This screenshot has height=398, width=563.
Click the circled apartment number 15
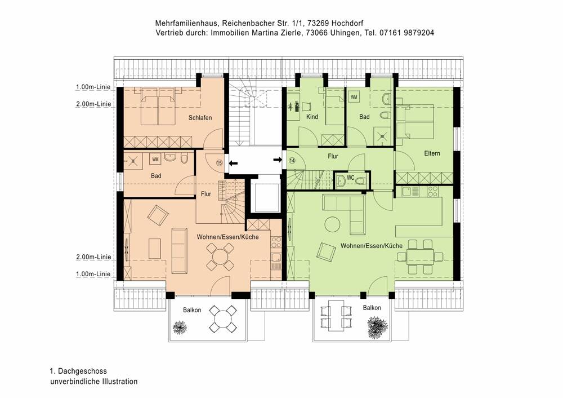point(219,162)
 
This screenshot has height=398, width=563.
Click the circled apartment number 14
point(292,161)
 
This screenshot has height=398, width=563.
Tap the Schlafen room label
point(200,117)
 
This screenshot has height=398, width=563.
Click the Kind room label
point(312,117)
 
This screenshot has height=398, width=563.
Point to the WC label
point(350,178)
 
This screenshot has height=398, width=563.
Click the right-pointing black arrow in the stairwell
point(278,160)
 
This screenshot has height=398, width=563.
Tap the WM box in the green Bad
point(354,98)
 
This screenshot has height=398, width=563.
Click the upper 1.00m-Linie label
point(93,87)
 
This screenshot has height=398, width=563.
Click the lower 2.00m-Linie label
point(93,257)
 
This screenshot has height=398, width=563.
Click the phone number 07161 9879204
point(406,33)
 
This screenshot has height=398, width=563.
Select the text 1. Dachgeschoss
point(78,371)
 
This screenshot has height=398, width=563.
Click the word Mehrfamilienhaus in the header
point(186,23)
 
